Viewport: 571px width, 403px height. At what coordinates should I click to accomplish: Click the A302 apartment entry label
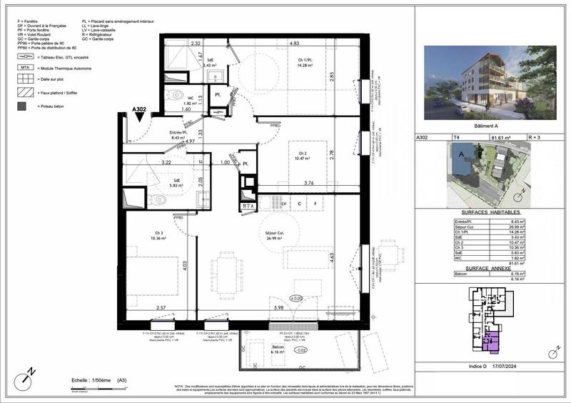click(139, 110)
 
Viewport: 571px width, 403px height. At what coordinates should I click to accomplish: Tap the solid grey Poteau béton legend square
click(23, 106)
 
